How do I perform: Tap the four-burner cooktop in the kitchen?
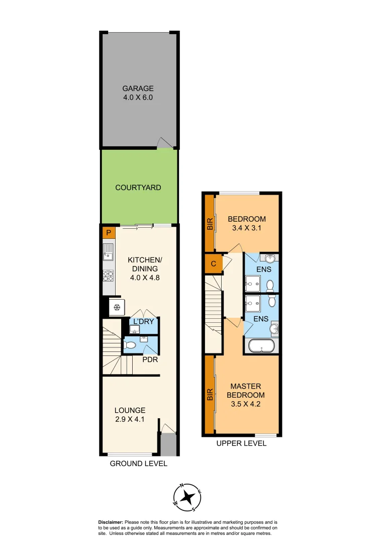108,276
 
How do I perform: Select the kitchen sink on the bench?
108,251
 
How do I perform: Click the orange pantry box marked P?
108,233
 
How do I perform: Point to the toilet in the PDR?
131,345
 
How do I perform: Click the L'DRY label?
143,322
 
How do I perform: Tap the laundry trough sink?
134,330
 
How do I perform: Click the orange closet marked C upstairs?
213,264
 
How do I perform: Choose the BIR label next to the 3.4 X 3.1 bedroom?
209,223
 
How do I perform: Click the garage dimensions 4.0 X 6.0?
138,98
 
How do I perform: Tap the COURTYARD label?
138,188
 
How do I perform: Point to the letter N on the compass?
181,486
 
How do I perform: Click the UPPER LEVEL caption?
241,443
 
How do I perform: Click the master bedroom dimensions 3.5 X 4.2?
245,403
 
